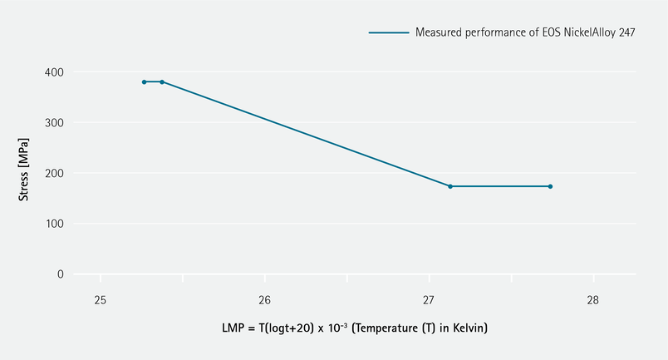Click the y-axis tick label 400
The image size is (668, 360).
pos(54,72)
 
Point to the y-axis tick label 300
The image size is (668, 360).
pos(54,123)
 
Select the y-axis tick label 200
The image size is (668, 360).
pos(54,173)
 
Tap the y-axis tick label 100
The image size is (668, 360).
pos(54,224)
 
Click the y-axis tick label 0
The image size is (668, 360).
pos(60,274)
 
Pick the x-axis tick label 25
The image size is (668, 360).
pos(101,299)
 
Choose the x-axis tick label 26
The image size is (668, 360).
pos(264,299)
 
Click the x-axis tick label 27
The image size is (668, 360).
pos(429,299)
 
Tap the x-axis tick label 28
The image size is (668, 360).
pos(593,299)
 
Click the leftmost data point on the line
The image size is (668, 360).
pos(144,81)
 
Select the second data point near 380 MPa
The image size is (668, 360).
pos(162,81)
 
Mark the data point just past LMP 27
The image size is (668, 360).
pos(450,186)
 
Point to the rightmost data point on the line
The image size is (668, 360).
pos(550,186)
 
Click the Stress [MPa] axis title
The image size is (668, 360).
pos(26,173)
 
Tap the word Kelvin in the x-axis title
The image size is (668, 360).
pos(467,328)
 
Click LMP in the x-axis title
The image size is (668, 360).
pos(233,328)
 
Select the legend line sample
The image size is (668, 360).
pos(389,32)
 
